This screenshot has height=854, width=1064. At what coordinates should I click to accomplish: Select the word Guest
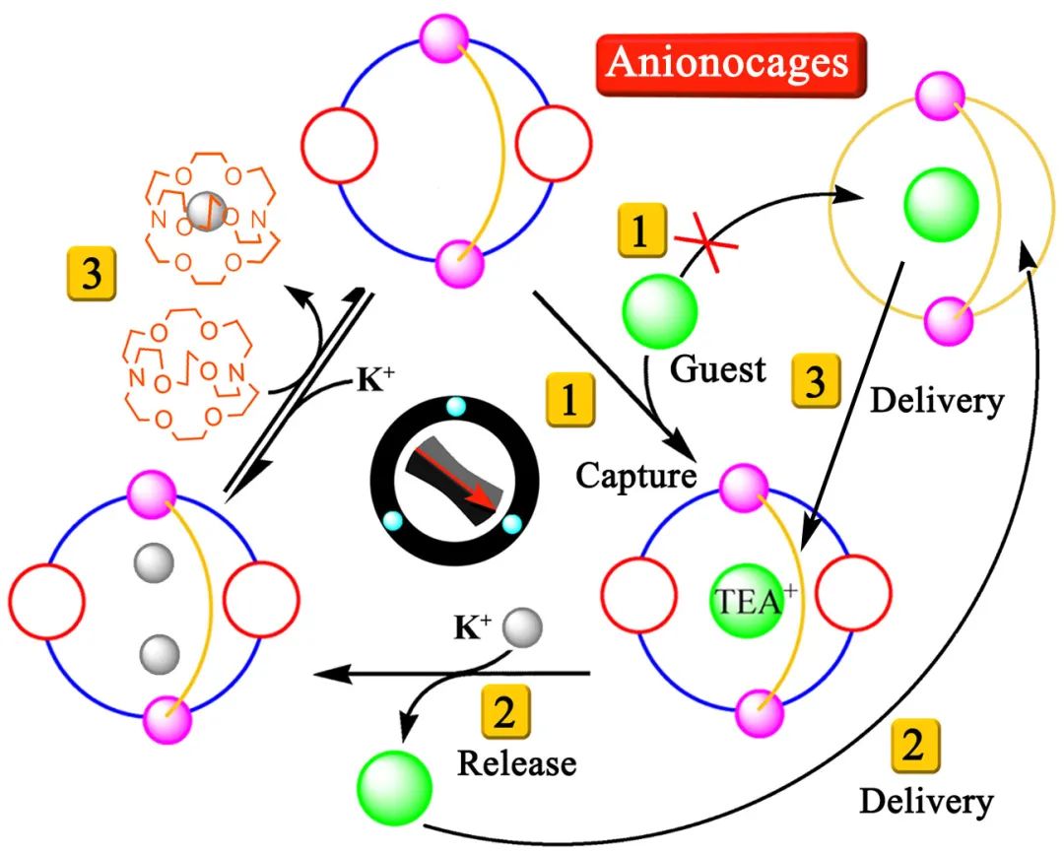tap(717, 369)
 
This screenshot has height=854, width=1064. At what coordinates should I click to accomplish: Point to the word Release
tap(517, 761)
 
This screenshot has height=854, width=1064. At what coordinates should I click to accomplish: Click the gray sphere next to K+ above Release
tap(521, 626)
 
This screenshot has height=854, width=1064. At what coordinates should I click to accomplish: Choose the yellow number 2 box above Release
tap(503, 713)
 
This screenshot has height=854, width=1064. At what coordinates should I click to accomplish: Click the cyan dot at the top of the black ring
tap(455, 406)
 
